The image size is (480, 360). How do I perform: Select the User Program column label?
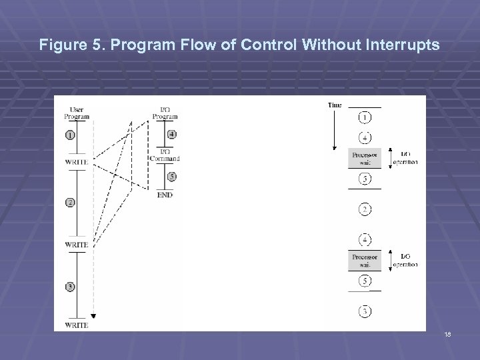[x=77, y=113]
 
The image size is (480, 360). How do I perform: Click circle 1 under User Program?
[x=71, y=135]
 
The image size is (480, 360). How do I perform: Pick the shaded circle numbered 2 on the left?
[x=71, y=202]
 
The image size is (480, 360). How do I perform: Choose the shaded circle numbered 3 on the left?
[x=71, y=287]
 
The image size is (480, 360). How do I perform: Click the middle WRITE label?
[x=77, y=245]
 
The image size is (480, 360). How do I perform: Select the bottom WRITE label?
[x=77, y=325]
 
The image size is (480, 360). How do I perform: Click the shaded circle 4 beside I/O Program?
[x=172, y=133]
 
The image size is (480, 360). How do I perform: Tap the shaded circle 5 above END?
[x=172, y=177]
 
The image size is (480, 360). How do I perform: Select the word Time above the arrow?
[x=335, y=105]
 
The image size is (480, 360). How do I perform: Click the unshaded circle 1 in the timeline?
[x=365, y=118]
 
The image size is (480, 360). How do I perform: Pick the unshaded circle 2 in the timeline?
[x=365, y=209]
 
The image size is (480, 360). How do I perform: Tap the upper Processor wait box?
[x=365, y=158]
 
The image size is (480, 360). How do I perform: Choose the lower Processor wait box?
[x=365, y=261]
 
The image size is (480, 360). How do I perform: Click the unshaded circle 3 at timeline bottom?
[x=365, y=311]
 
